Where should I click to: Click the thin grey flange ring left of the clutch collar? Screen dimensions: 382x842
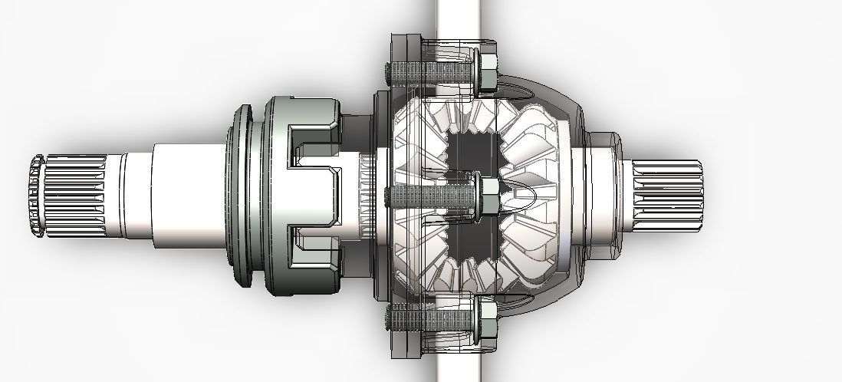click(244, 197)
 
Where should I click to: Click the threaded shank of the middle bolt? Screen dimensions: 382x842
click(429, 196)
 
